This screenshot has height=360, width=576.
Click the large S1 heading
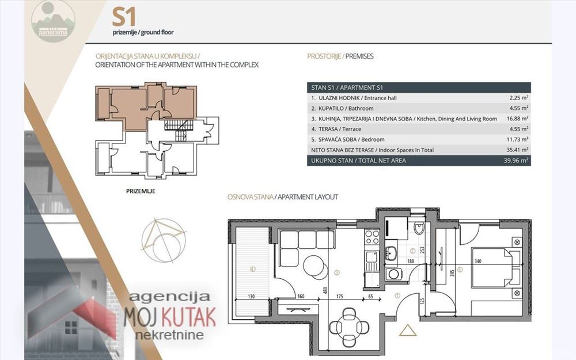click(x=124, y=17)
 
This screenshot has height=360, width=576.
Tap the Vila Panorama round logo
click(x=53, y=21)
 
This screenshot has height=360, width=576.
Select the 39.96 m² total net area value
click(x=516, y=161)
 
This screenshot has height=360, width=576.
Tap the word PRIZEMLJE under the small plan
click(x=141, y=190)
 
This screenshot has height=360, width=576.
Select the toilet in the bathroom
click(x=419, y=230)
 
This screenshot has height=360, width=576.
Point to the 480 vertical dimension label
click(x=325, y=291)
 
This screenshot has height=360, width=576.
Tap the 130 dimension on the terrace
click(x=251, y=297)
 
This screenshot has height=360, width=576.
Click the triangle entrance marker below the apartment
click(x=407, y=331)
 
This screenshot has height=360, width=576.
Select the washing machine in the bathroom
click(x=394, y=274)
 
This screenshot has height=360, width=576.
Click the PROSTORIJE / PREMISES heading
click(x=340, y=56)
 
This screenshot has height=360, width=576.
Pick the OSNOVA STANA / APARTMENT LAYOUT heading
click(x=283, y=197)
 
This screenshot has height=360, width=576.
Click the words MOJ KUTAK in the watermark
click(x=170, y=316)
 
